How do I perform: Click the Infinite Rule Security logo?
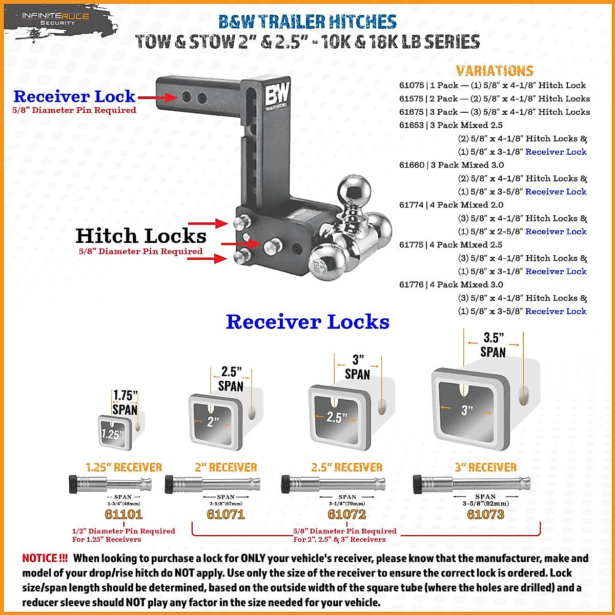coord(55,19)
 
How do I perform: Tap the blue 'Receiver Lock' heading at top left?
coord(74,96)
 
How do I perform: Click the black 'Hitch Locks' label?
coord(140,236)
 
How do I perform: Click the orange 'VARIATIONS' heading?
coord(495,71)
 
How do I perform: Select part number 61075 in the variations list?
coord(412,86)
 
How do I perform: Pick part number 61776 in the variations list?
coord(412,285)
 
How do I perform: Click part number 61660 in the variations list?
coord(412,165)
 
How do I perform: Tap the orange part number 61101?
coord(124,514)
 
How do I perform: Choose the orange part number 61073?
coord(485,514)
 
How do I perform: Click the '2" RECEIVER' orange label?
coord(225,467)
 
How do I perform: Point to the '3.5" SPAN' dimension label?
coord(493,345)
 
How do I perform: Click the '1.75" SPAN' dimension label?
coord(125,402)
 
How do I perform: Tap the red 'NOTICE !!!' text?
coord(45,558)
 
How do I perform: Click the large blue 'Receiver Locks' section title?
coord(307,322)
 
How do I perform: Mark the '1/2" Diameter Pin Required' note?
coord(124,531)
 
